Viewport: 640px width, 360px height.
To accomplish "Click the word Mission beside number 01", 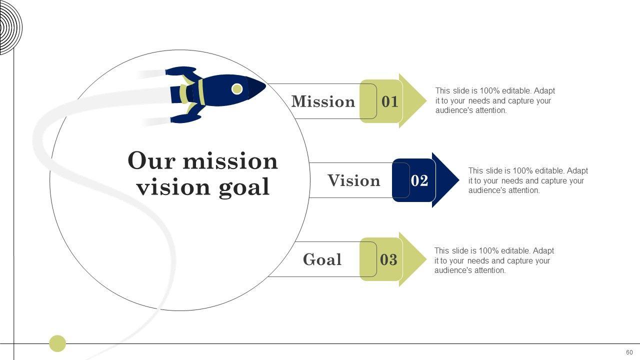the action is pyautogui.click(x=323, y=101).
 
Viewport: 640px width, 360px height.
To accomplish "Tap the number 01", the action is pyautogui.click(x=390, y=101).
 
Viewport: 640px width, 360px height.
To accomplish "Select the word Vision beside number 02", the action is pyautogui.click(x=354, y=180).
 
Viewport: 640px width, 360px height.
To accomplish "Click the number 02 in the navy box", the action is pyautogui.click(x=419, y=180).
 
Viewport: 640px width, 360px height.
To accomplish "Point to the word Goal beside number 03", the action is pyautogui.click(x=322, y=259).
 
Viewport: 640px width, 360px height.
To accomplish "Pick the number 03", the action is pyautogui.click(x=388, y=259).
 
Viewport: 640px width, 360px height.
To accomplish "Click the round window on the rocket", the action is pyautogui.click(x=237, y=89).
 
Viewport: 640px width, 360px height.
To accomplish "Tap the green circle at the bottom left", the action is pyautogui.click(x=57, y=343).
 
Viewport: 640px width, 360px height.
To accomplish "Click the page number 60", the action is pyautogui.click(x=629, y=352).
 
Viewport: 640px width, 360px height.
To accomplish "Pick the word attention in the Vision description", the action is pyautogui.click(x=524, y=190).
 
